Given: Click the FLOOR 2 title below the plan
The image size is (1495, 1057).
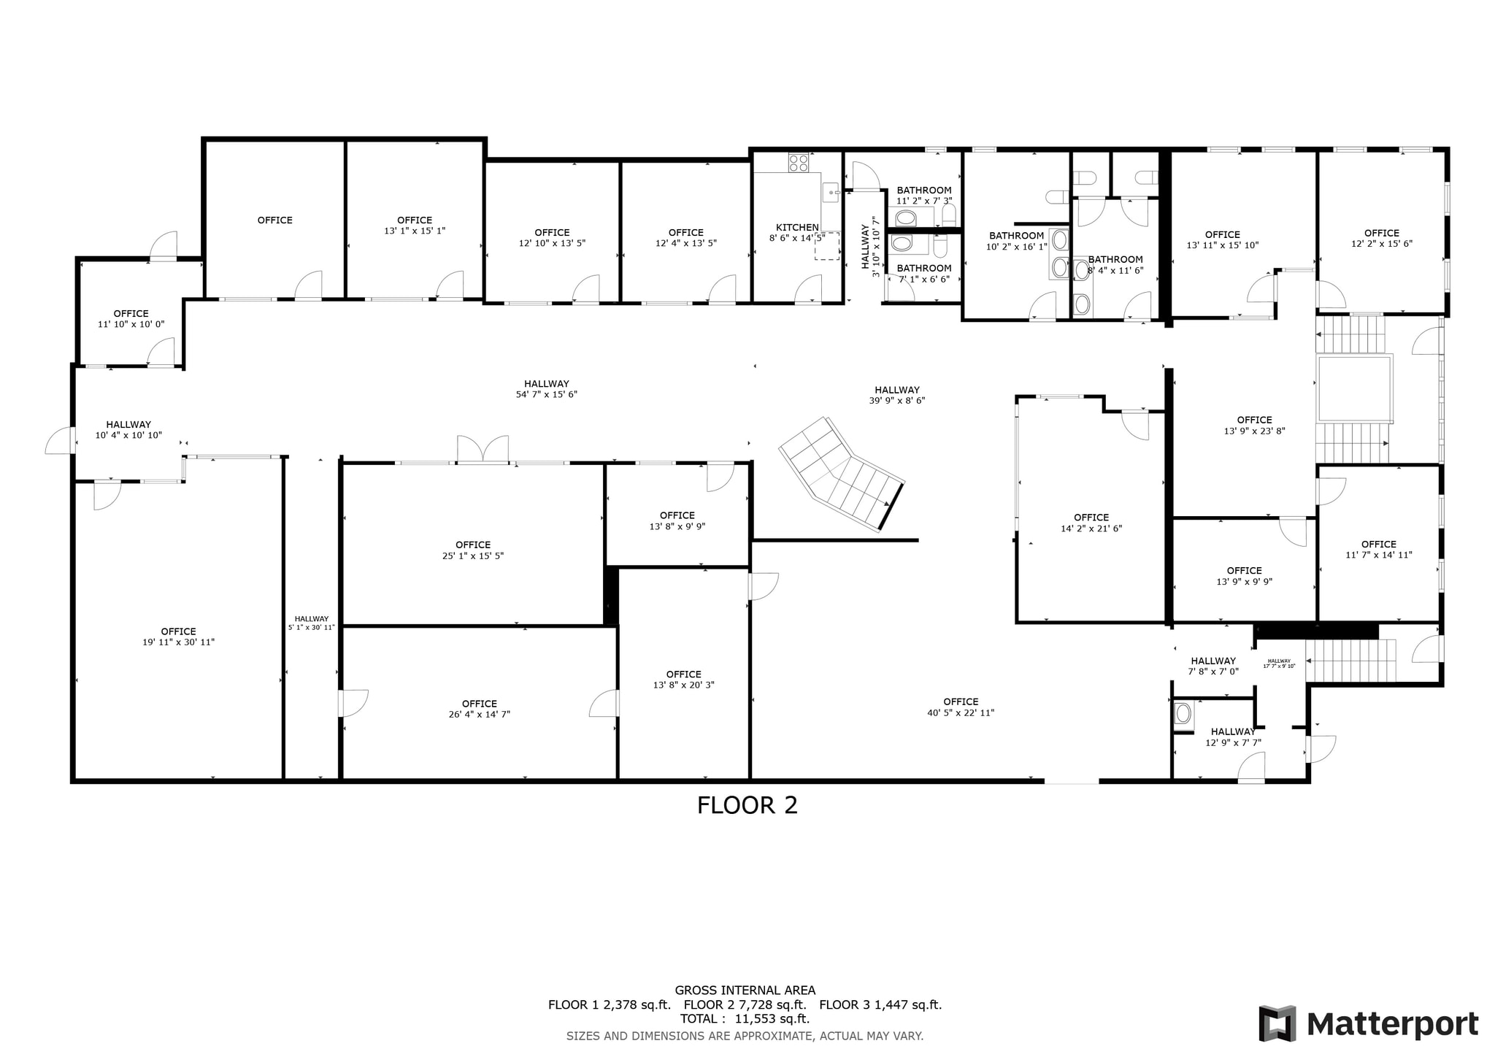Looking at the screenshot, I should pyautogui.click(x=747, y=805).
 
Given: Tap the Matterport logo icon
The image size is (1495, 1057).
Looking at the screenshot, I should pyautogui.click(x=1277, y=1023).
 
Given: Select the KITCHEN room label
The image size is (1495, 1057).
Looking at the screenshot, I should pyautogui.click(x=797, y=227).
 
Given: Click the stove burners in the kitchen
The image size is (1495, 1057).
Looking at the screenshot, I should pyautogui.click(x=798, y=162).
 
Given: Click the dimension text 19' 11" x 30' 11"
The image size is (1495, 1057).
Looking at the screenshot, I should pyautogui.click(x=179, y=642).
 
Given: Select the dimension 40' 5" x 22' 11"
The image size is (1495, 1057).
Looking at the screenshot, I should pyautogui.click(x=961, y=713).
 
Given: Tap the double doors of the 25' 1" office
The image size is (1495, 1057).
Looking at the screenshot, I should pyautogui.click(x=483, y=449).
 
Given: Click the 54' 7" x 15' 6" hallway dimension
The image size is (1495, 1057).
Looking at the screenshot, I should pyautogui.click(x=546, y=395).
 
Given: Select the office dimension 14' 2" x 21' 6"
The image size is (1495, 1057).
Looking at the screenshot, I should pyautogui.click(x=1091, y=528).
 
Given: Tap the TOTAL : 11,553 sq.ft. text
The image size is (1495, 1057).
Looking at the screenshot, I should pyautogui.click(x=745, y=1019).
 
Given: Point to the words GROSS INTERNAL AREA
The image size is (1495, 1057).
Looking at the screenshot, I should pyautogui.click(x=745, y=991).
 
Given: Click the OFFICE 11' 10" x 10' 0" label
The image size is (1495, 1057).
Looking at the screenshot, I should pyautogui.click(x=131, y=318).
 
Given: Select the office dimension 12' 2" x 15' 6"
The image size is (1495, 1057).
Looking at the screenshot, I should pyautogui.click(x=1381, y=244).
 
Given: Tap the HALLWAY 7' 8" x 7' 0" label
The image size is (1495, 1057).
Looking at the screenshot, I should pyautogui.click(x=1213, y=666).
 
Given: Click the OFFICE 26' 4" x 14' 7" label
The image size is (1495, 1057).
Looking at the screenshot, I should pyautogui.click(x=479, y=709).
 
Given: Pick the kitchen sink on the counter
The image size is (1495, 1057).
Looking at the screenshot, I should pyautogui.click(x=831, y=193).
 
